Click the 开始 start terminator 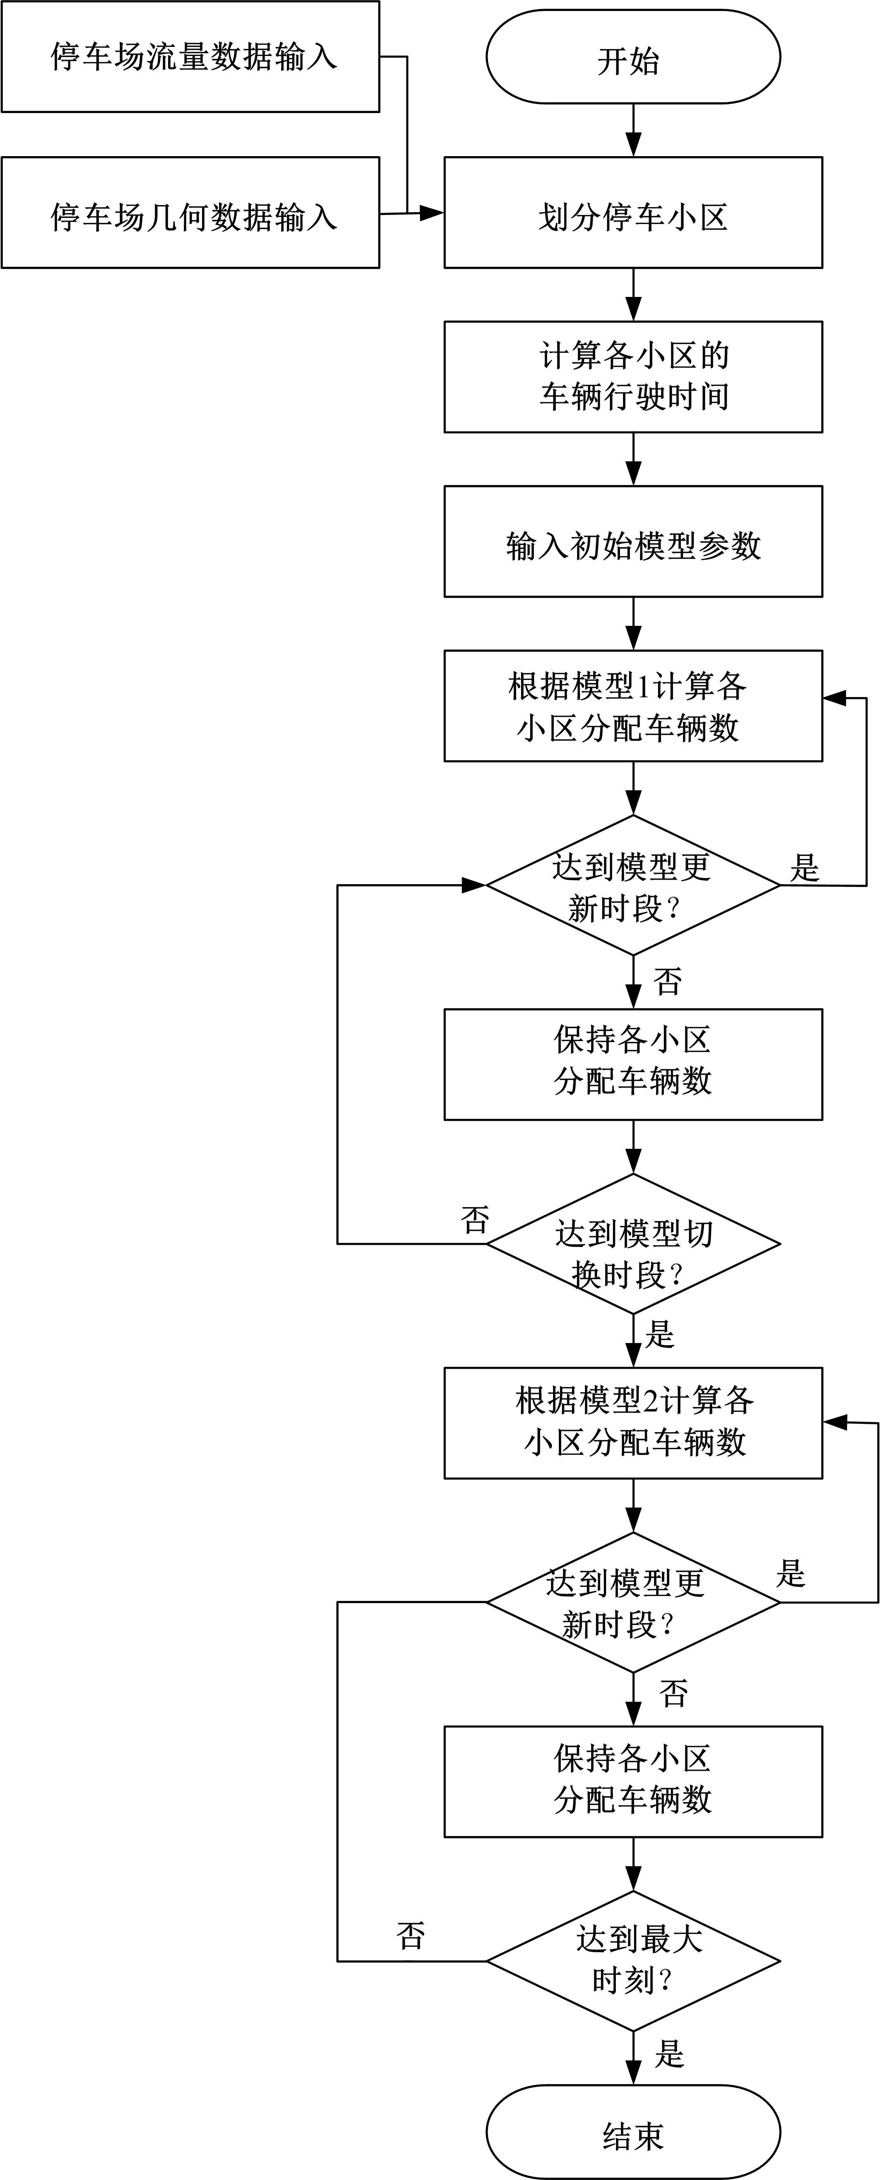pos(633,58)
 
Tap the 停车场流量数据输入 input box pos(190,57)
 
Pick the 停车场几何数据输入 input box pos(190,213)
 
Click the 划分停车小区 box pos(633,213)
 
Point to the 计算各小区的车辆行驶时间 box pos(633,376)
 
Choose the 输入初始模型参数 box pos(633,542)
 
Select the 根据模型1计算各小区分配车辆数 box pos(633,706)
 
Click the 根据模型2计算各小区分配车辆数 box pos(633,1423)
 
